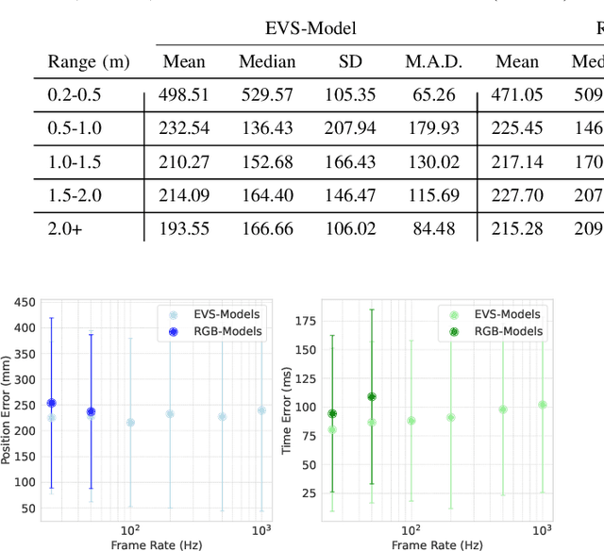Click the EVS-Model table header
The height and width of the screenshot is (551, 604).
point(310,27)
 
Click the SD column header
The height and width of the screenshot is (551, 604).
point(349,62)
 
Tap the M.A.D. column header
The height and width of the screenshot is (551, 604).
point(434,62)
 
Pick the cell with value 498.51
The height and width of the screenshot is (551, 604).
point(184,95)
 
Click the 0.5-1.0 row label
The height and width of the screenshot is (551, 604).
point(75,127)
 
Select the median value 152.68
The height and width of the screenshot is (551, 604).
point(267,161)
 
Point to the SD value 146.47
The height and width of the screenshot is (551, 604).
point(349,195)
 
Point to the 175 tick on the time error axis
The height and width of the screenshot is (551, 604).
point(303,322)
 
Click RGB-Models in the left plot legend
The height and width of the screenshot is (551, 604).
point(227,331)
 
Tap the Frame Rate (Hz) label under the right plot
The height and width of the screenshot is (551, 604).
point(438,544)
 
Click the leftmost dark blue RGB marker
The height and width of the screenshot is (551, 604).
point(52,403)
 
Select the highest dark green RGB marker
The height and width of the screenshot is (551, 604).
point(372,396)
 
